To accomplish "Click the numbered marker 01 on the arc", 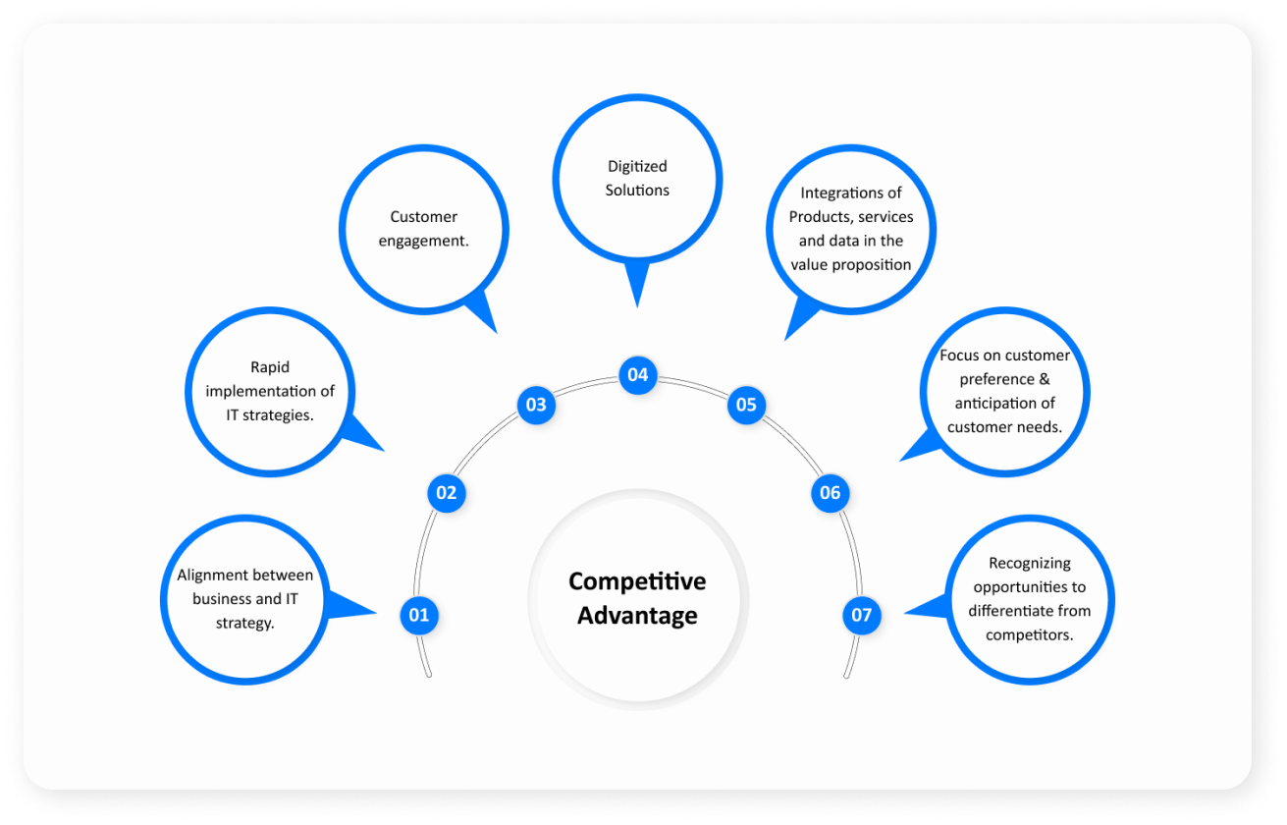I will coord(419,616).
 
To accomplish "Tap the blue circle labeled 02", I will coord(447,492).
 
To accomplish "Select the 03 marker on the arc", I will coord(536,405).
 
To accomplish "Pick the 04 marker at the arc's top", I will coord(638,374).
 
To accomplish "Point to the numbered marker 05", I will coord(746,405).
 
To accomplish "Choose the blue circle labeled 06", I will coord(831,492).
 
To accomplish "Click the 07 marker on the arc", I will coord(861,616).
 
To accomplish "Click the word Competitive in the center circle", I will coord(637,581).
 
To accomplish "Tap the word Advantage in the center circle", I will coord(637,616).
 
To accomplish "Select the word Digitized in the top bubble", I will coord(637,166).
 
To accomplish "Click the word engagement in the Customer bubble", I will coord(424,241).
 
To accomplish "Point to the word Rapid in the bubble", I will coord(270,367).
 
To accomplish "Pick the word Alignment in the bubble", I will coord(212,576).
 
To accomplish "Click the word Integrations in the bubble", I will coord(851,192).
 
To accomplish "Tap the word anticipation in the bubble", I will coord(1004,403).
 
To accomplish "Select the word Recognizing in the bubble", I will coord(1030,564).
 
